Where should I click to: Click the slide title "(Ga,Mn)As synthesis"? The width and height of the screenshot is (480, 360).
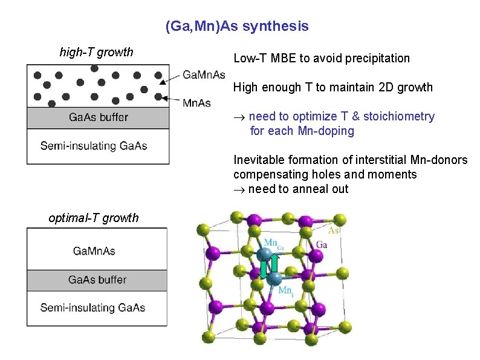[x=237, y=27]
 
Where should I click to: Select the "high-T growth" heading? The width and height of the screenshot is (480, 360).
[x=96, y=52]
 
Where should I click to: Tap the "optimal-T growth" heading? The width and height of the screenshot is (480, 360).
[x=93, y=218]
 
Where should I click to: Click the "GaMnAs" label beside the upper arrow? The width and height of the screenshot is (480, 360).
[x=204, y=75]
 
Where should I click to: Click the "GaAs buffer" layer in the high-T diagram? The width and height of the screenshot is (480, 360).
[x=97, y=117]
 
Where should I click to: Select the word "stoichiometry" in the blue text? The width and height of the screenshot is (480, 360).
[x=400, y=116]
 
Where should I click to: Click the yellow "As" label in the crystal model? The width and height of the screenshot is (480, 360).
[x=332, y=231]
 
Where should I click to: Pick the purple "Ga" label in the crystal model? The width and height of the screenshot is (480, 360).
[x=322, y=244]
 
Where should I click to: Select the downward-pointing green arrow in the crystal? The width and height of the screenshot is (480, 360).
[x=264, y=270]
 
